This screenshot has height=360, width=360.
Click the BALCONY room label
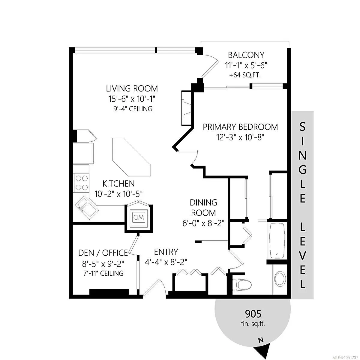246,55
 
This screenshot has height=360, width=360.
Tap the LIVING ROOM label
132,88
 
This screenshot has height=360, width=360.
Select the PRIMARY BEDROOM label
240,127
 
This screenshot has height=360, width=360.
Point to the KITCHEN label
118,184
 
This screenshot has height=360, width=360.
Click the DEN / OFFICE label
103,253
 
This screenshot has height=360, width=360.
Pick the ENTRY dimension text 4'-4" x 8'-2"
166,262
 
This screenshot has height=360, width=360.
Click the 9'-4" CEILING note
133,109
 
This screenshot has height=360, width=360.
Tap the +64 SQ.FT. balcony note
245,75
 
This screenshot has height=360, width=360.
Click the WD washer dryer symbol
138,217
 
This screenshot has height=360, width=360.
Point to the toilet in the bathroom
242,285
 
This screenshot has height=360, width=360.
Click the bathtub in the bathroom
277,241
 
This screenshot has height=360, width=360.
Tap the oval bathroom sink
280,281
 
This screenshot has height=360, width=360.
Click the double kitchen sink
87,208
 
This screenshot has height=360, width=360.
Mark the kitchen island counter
131,157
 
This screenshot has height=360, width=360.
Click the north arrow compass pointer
263,350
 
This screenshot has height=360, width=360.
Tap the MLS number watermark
345,358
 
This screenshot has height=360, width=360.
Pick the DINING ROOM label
203,208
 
